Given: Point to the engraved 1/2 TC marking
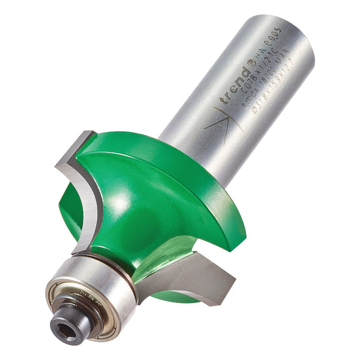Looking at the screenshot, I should tap(257, 76).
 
